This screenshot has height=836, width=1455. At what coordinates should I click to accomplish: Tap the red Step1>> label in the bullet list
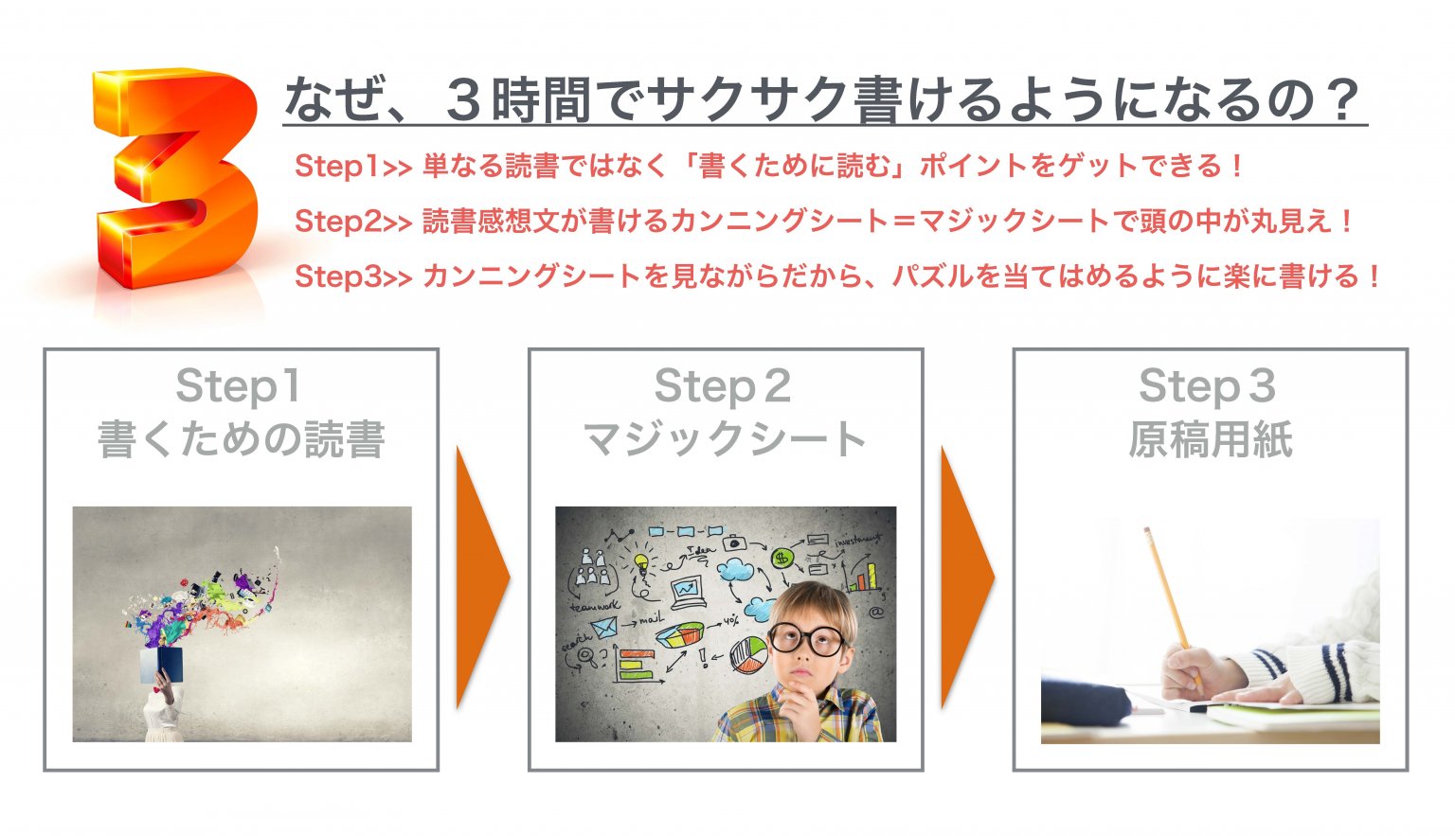point(352,166)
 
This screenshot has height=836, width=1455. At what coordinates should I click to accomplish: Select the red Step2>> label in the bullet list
point(353,222)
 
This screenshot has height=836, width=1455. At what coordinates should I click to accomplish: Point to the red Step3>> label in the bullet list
point(353,276)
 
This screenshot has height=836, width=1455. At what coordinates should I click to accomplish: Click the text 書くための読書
point(241,439)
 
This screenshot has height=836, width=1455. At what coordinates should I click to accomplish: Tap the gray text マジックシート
point(725,439)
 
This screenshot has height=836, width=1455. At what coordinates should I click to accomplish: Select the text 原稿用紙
point(1210,439)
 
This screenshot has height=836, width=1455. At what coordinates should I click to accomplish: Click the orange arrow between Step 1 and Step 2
point(482,577)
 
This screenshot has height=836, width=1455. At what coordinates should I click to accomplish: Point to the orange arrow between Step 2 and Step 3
point(966,577)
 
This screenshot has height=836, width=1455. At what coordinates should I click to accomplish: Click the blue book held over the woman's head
point(162,665)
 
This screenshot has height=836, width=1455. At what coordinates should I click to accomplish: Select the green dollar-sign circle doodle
point(781,558)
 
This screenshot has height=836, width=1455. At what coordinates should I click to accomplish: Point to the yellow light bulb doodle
point(641,563)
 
